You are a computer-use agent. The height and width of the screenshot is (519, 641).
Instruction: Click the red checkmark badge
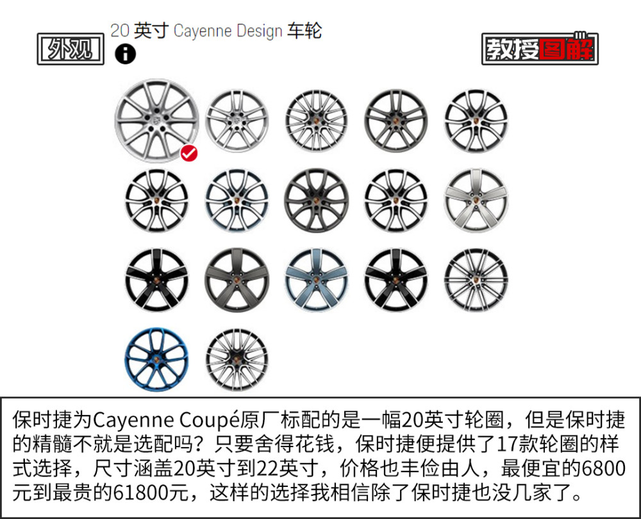[x=189, y=153]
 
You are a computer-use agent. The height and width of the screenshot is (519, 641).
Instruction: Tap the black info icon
[x=125, y=54]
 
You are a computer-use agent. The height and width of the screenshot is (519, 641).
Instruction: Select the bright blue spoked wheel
[x=156, y=359]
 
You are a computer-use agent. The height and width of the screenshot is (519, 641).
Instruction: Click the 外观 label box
[x=71, y=49]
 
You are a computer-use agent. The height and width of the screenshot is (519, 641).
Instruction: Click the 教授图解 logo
[x=540, y=49]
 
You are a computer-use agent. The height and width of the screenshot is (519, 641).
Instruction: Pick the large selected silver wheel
[x=156, y=121]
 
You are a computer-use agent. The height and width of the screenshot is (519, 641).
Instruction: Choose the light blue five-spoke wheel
[x=316, y=280]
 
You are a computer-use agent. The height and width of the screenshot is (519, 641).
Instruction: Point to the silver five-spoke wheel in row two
[x=476, y=200]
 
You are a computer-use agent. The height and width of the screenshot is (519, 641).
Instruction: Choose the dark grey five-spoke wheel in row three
[x=237, y=280]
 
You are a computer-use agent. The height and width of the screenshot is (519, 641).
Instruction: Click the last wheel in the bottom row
[x=237, y=359]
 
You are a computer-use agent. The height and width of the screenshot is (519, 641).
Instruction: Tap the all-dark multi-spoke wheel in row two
[x=316, y=200]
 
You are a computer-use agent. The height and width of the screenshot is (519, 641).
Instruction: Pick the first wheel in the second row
[x=156, y=200]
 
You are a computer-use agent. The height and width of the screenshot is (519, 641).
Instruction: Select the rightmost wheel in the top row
[x=476, y=121]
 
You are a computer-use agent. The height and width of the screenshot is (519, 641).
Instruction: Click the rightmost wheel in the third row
[x=476, y=280]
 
